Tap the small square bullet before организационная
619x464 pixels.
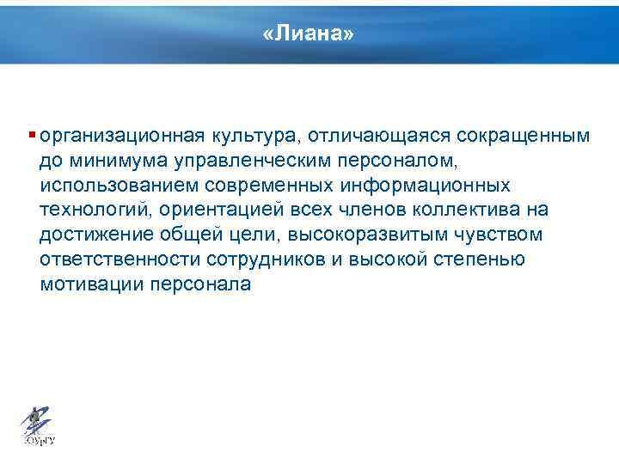click(32, 135)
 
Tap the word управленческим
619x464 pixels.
click(230, 161)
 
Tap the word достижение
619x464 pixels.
click(90, 235)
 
